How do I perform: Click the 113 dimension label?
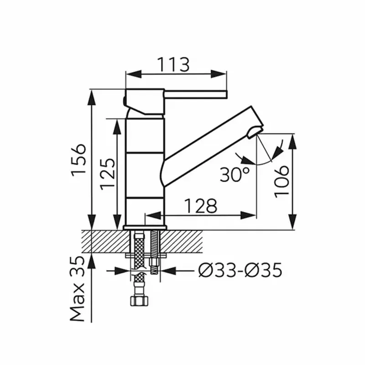click(173, 64)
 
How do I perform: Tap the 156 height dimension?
click(78, 161)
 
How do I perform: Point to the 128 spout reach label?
click(201, 206)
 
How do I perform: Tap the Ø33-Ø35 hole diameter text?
click(240, 270)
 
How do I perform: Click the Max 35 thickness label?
click(77, 289)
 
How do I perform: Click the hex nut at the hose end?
click(139, 301)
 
